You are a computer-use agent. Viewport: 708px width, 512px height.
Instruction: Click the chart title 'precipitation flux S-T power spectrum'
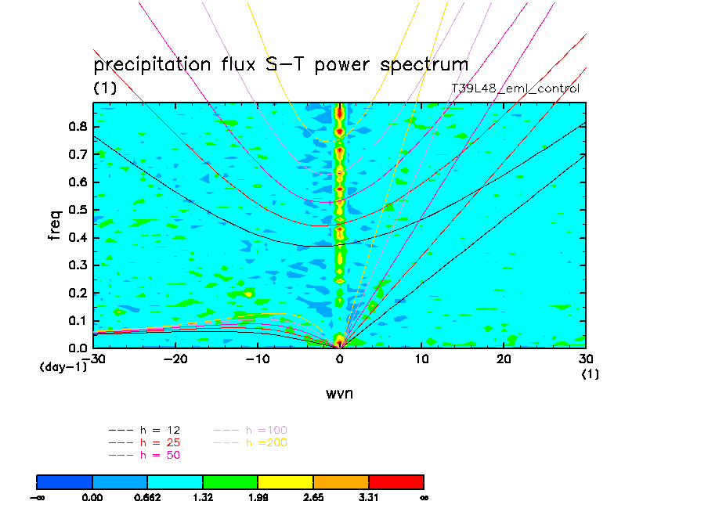tap(280, 64)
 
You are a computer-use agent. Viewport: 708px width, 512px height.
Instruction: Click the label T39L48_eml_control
tap(515, 88)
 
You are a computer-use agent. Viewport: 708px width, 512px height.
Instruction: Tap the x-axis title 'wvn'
tap(339, 393)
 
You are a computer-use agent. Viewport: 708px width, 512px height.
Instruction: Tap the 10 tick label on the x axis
tap(421, 359)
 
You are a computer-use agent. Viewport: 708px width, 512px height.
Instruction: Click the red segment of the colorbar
tap(396, 481)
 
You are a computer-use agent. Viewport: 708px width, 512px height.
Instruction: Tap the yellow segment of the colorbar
tap(285, 481)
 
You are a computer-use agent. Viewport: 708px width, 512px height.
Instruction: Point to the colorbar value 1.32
tap(203, 496)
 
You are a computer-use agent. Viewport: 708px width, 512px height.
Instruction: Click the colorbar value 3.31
tap(368, 496)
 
